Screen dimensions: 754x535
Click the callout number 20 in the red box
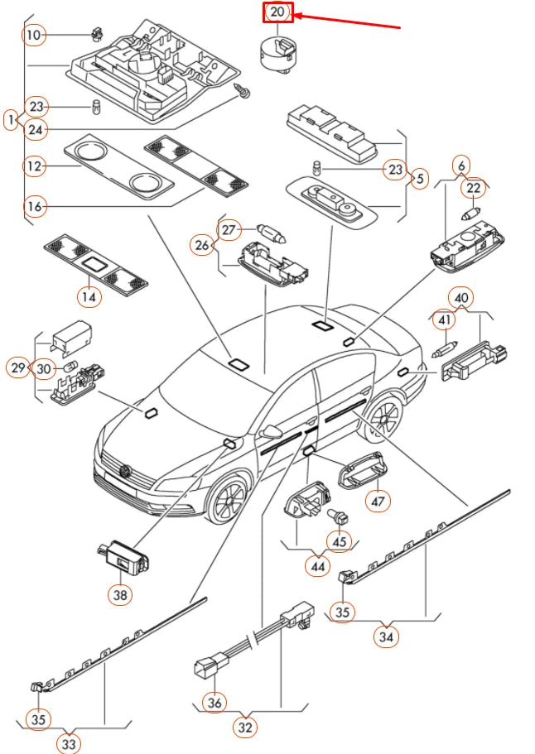[277, 12]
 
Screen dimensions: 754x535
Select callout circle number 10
[33, 35]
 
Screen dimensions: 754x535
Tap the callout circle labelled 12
[34, 167]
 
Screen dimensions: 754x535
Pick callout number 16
[34, 205]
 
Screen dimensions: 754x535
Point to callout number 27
[229, 229]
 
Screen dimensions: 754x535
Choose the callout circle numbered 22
[474, 189]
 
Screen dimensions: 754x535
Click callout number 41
[445, 319]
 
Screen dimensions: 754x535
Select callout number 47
[379, 500]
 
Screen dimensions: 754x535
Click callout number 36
[215, 701]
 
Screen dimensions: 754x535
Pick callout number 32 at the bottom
[245, 728]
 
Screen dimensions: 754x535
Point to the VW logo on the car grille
[126, 473]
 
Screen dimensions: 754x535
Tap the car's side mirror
[271, 432]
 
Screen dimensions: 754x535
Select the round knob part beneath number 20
[277, 53]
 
